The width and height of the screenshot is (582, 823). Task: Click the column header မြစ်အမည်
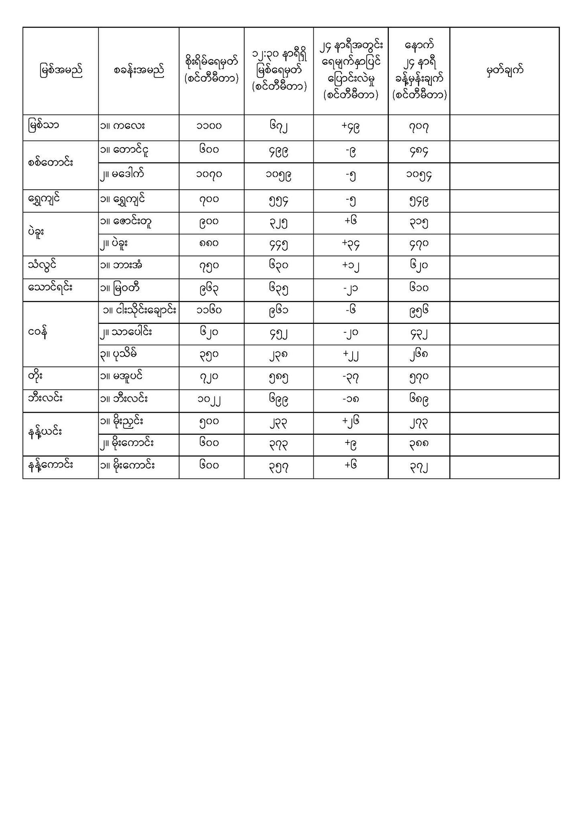61,71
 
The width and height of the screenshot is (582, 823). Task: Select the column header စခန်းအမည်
139,71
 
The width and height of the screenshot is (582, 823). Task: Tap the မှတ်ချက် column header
504,71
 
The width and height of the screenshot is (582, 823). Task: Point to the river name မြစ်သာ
44,125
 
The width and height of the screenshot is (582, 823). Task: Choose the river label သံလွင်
43,265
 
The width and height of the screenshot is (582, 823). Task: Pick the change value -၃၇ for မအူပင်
350,377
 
